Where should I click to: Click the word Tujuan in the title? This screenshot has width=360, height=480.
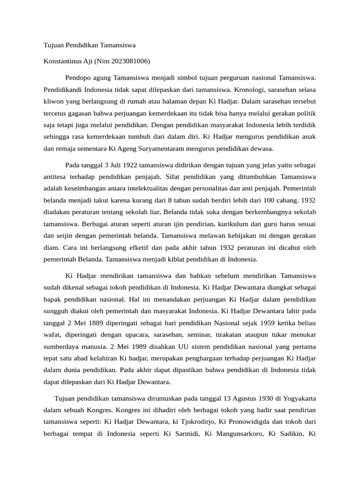point(53,45)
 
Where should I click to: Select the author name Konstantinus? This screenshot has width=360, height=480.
point(63,61)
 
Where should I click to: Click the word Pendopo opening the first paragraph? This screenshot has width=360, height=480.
point(78,76)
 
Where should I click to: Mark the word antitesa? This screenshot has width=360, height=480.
point(55,177)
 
